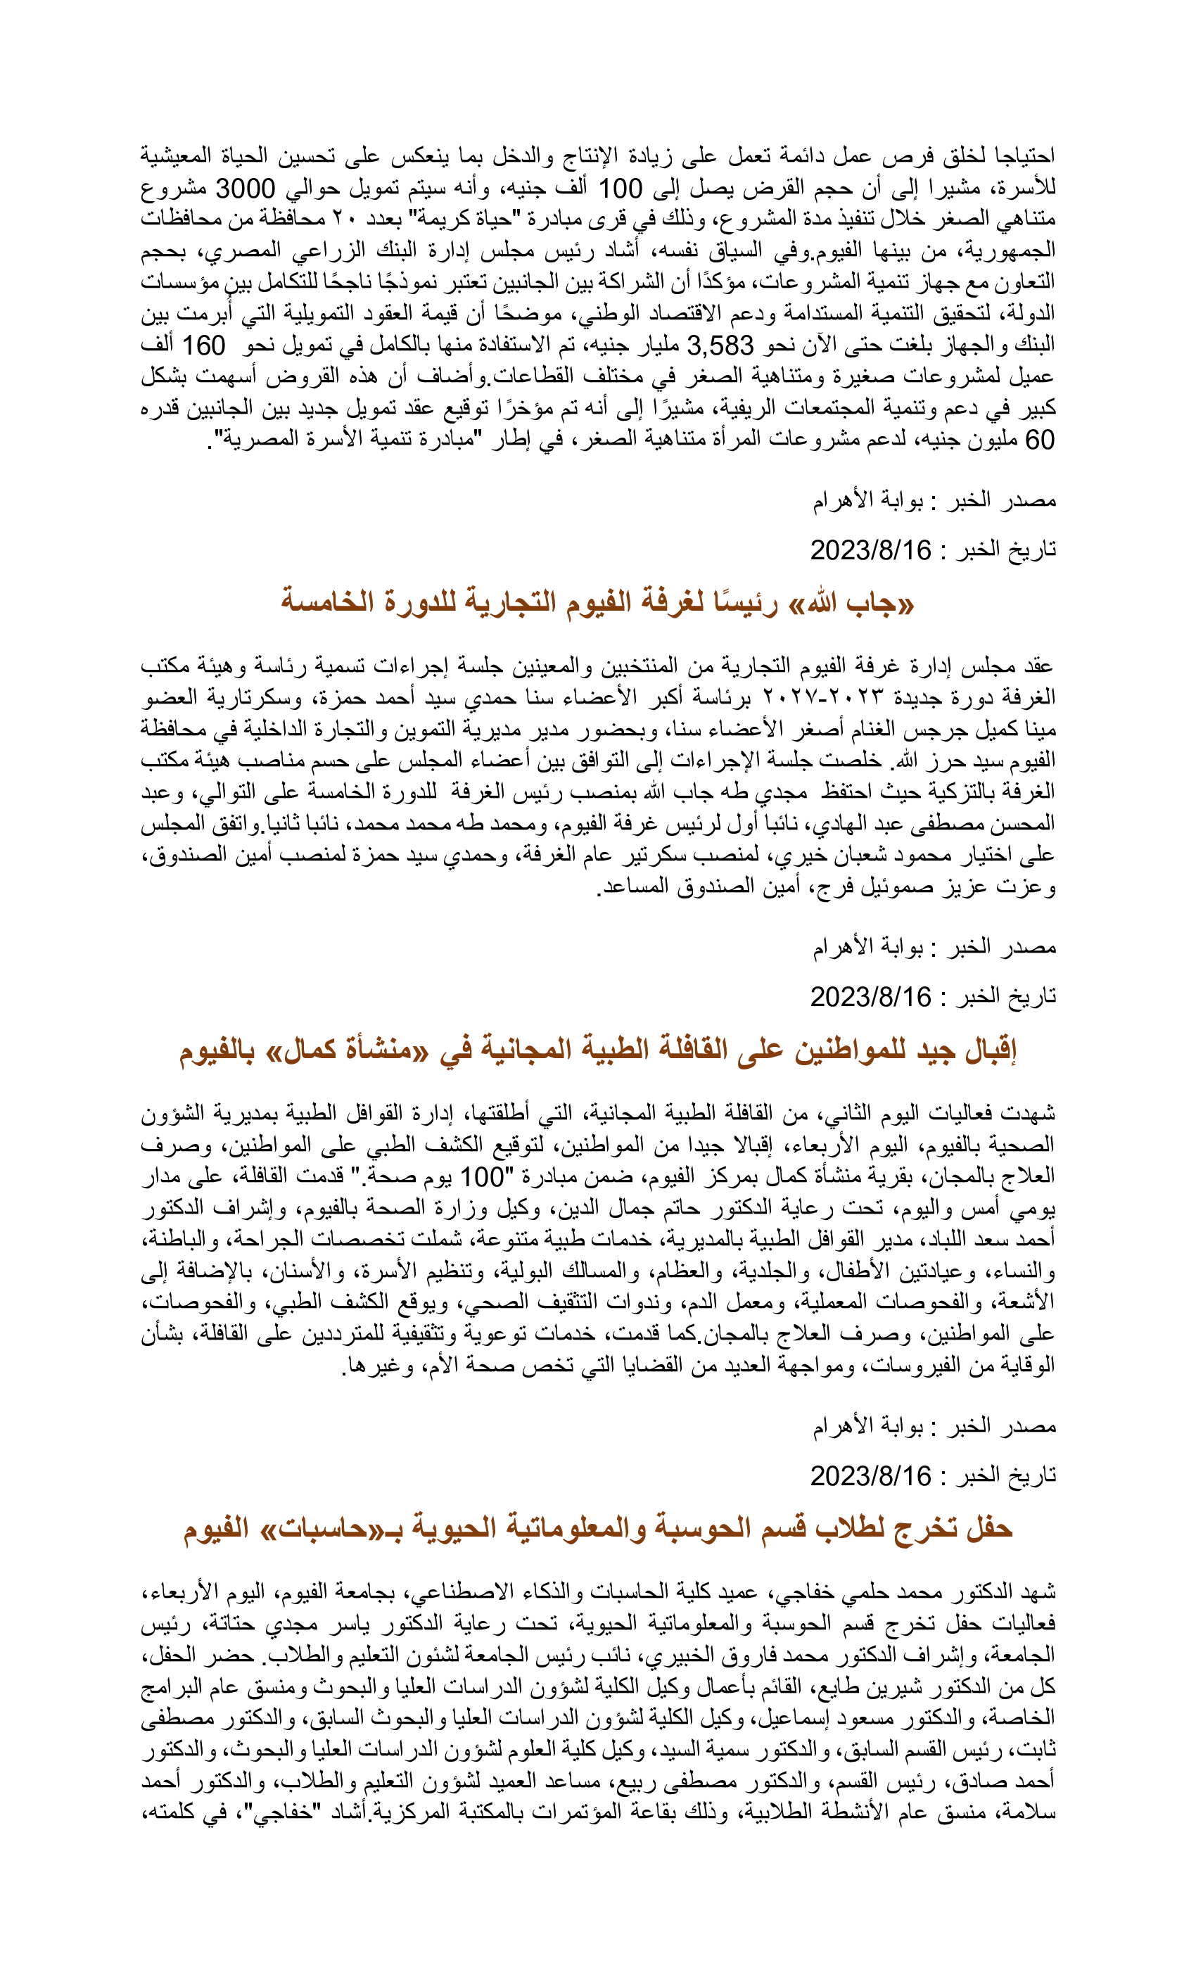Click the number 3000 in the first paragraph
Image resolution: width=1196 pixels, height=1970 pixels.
[x=246, y=189]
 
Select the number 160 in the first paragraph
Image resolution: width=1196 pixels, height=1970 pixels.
[x=204, y=346]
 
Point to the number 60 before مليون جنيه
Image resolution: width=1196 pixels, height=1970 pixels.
[x=1039, y=440]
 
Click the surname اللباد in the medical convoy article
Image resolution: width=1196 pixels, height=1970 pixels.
[x=920, y=1239]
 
